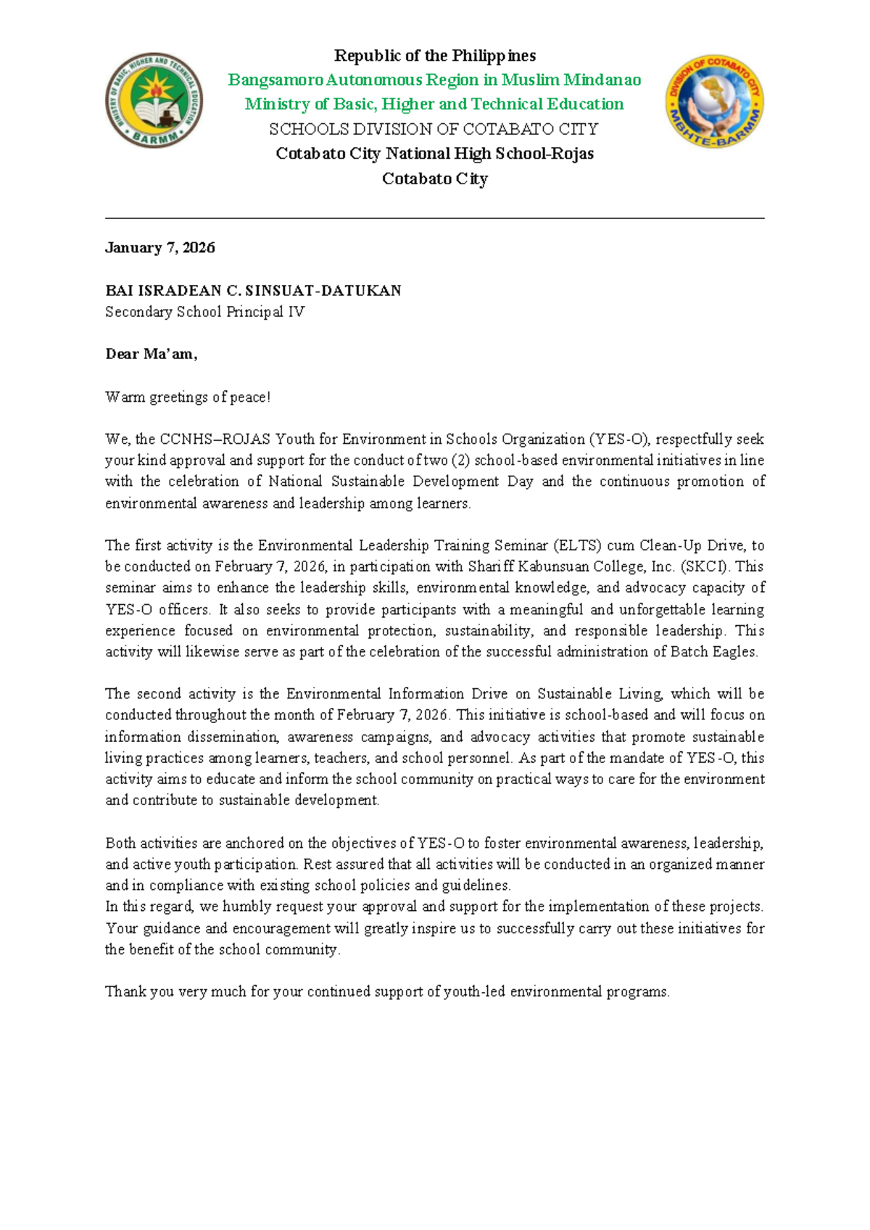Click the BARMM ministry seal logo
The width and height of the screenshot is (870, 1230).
click(154, 101)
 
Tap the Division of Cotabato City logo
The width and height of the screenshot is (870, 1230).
click(715, 102)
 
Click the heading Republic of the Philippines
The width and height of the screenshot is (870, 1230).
click(434, 56)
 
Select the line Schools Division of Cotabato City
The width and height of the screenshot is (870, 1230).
click(434, 129)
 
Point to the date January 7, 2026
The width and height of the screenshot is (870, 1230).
click(160, 247)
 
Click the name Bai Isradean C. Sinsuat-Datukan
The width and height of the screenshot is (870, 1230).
click(253, 290)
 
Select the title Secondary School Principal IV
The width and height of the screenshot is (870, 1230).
click(205, 312)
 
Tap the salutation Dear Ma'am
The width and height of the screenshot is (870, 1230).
click(151, 354)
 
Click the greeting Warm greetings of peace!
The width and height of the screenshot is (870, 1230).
click(188, 397)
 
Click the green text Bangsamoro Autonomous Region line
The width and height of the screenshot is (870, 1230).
click(434, 80)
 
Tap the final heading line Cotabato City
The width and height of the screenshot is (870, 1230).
click(434, 178)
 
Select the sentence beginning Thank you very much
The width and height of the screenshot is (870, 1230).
click(387, 991)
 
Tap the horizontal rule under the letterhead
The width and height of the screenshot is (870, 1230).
click(434, 218)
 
